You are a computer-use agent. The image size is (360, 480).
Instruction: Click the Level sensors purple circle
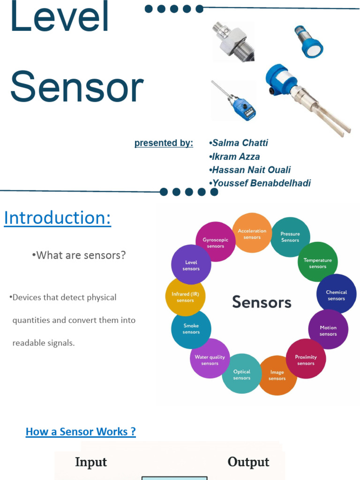(191, 265)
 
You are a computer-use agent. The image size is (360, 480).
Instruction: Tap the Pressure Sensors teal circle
(290, 237)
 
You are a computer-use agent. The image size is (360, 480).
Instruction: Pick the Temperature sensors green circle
(317, 262)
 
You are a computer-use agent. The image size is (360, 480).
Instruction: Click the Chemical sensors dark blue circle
(336, 294)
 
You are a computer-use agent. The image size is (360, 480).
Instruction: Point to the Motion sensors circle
(328, 330)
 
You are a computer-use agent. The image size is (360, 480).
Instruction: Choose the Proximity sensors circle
(306, 359)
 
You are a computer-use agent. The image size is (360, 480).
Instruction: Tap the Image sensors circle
(277, 375)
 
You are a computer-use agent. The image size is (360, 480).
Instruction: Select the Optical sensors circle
(242, 374)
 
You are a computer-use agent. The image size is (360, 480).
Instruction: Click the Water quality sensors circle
(210, 359)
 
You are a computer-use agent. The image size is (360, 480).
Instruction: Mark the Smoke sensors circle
(191, 328)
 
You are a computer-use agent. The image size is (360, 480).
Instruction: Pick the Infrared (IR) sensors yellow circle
(186, 297)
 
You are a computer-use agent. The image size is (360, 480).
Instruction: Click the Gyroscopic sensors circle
(215, 242)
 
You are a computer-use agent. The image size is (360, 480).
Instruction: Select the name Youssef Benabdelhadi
(262, 183)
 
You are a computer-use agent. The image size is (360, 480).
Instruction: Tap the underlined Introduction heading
(58, 218)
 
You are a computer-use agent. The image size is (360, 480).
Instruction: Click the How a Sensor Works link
(81, 432)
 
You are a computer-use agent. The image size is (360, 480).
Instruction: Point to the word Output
(248, 462)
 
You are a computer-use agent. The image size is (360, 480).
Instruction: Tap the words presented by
(164, 143)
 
